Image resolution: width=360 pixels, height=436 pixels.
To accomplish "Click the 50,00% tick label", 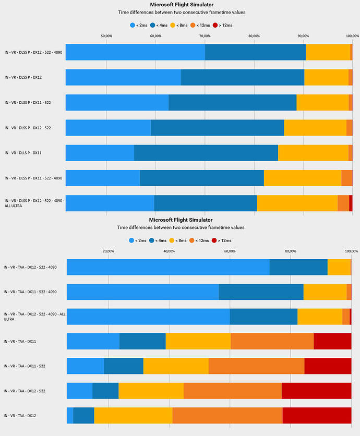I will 106,35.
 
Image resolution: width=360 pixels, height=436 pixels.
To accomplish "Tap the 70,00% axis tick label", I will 205,35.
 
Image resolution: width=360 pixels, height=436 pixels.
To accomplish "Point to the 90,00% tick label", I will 303,35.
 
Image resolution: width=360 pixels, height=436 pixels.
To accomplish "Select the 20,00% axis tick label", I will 109,251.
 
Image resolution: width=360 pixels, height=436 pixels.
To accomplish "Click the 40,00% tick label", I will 169,251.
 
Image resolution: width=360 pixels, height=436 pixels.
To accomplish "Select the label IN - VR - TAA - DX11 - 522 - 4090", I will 30,292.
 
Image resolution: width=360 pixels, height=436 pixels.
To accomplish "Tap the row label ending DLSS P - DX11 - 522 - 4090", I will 33,178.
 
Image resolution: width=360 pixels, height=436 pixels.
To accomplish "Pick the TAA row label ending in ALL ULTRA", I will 34,317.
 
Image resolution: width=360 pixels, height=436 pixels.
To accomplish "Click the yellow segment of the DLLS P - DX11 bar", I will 313,153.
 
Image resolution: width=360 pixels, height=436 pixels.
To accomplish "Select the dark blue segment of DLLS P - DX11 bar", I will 206,153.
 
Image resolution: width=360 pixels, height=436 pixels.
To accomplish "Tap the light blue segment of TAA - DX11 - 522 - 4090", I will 142,292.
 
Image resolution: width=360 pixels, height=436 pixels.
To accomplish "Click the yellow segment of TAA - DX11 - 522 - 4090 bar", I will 325,292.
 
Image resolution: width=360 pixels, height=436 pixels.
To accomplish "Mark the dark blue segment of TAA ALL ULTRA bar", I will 263,317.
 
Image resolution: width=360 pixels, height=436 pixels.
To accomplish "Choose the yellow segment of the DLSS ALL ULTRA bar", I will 297,203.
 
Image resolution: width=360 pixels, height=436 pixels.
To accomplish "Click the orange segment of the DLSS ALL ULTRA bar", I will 343,203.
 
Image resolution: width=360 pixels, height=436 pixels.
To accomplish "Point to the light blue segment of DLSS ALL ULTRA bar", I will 110,203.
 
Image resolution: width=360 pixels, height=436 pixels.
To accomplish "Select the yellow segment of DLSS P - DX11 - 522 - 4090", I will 303,178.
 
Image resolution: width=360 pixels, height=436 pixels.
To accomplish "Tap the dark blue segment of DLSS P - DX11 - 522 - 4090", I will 202,178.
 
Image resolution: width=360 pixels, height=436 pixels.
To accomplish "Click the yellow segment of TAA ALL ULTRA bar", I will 320,317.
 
